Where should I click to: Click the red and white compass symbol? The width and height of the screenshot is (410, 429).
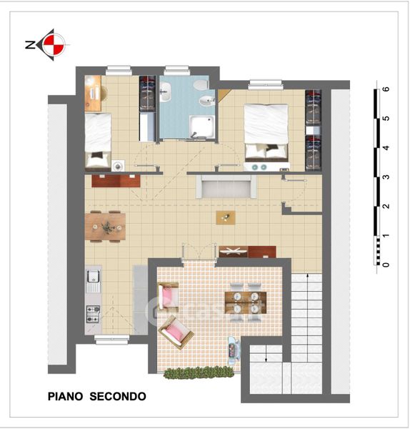[54, 44]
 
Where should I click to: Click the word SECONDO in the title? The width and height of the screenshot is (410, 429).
[118, 396]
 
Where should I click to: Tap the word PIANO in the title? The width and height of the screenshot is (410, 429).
[65, 396]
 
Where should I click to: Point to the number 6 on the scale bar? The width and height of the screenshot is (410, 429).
[386, 89]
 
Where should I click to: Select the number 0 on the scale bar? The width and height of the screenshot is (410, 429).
[386, 265]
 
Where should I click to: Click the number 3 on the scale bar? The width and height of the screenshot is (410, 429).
[386, 177]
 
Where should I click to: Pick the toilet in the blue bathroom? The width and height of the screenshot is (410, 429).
[201, 84]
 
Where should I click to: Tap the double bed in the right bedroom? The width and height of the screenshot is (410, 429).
[266, 132]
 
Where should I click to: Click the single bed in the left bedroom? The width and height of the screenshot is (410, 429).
[98, 140]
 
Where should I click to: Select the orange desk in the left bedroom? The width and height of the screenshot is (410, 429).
[93, 93]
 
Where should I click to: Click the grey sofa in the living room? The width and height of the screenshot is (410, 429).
[226, 187]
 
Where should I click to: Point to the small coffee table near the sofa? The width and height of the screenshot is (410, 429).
[226, 217]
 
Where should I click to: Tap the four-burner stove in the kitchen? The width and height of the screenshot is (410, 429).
[93, 314]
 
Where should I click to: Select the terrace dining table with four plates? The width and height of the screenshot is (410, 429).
[246, 302]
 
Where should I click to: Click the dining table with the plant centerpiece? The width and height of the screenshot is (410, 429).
[105, 227]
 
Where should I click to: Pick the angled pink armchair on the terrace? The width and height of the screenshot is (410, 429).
[176, 332]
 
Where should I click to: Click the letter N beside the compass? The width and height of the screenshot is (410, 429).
[30, 44]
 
